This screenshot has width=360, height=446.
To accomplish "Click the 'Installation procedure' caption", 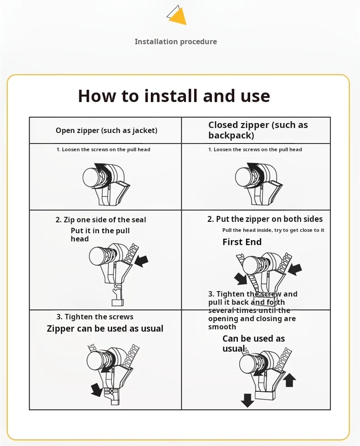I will (x=175, y=42).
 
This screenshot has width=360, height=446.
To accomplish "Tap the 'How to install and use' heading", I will (x=174, y=96).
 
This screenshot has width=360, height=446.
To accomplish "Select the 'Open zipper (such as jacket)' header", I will (x=106, y=131).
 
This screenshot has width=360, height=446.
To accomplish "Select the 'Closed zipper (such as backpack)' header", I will (x=258, y=130).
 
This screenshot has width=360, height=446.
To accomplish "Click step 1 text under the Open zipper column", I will (x=103, y=149).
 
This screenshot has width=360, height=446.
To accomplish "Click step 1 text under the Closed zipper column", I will (x=255, y=149).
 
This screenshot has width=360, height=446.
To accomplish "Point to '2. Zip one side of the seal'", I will (x=101, y=220).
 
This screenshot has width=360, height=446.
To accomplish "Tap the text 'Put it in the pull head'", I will (x=100, y=235).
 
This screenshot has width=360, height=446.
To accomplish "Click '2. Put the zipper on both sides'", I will (x=265, y=219).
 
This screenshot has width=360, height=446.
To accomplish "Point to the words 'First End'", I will (x=242, y=242).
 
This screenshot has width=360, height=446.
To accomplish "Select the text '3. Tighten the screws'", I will (x=95, y=317).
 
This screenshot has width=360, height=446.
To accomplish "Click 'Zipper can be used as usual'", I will (x=105, y=329).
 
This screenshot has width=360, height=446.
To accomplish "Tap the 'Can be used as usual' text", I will (x=253, y=343).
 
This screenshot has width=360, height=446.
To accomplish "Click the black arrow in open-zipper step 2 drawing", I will (x=142, y=261).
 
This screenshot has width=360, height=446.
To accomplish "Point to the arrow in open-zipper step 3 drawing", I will (x=97, y=390).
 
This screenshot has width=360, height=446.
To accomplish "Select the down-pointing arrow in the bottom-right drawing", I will (x=247, y=400).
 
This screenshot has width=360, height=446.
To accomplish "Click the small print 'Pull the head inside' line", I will (x=273, y=231).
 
